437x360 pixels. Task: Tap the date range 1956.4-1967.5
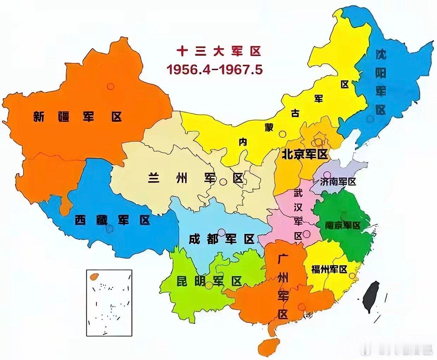pyautogui.click(x=214, y=70)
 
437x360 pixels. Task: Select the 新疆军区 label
pyautogui.click(x=77, y=116)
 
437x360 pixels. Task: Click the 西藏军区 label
pyautogui.click(x=112, y=220)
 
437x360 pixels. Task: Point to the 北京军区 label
pyautogui.click(x=304, y=154)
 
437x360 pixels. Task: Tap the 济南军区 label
pyautogui.click(x=338, y=182)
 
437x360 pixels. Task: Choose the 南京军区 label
pyautogui.click(x=342, y=225)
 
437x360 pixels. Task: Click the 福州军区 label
pyautogui.click(x=329, y=269)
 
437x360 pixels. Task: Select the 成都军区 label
pyautogui.click(x=221, y=240)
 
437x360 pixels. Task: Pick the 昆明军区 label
pyautogui.click(x=209, y=281)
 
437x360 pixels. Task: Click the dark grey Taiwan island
pyautogui.click(x=370, y=297)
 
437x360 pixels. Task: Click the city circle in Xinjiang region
pyautogui.click(x=111, y=86)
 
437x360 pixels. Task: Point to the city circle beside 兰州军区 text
pyautogui.click(x=223, y=182)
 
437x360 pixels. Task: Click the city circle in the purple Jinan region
pyautogui.click(x=327, y=174)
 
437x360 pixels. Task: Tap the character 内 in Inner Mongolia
pyautogui.click(x=243, y=142)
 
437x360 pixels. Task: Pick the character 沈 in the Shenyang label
pyautogui.click(x=380, y=55)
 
